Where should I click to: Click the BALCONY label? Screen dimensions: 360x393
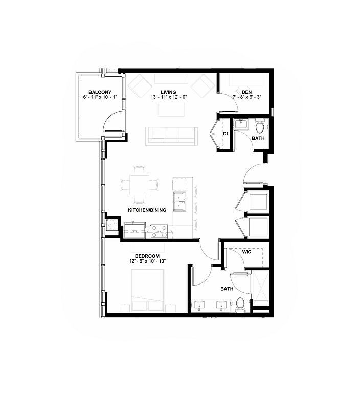coord(100,92)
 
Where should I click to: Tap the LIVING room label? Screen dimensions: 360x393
coord(168,92)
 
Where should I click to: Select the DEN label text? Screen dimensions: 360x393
coord(247,92)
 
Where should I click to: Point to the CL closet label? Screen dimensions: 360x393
coord(226,134)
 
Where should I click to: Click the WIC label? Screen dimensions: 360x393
coord(246,252)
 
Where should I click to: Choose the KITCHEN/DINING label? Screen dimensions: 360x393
coord(147,210)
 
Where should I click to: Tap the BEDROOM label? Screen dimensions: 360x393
coord(147,256)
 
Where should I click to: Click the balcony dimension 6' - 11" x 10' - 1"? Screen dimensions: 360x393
coord(100,97)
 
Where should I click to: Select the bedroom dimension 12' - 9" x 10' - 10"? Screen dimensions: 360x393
coord(147,261)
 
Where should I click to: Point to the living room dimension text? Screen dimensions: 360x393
coord(169,97)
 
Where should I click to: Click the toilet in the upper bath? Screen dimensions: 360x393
coord(260,126)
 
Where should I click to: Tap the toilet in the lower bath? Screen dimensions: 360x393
coord(240,304)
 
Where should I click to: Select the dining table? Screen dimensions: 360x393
coord(139,185)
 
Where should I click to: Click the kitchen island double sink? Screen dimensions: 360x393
coord(180,201)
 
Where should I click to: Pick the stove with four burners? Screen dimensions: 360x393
coord(159,232)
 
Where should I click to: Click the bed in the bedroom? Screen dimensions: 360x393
coord(148,291)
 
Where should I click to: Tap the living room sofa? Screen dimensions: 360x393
coord(171,136)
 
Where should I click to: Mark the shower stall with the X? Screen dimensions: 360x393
coord(261,288)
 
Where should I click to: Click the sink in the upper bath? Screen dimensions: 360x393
coord(241,124)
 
